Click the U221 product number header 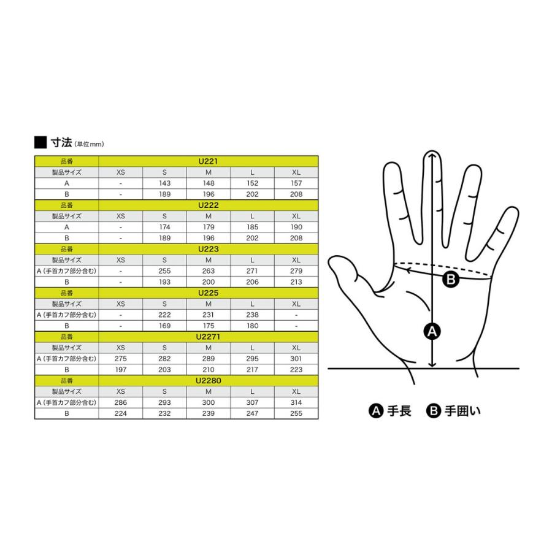208,161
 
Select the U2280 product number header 208,380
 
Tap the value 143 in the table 164,183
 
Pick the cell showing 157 296,183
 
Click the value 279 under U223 296,270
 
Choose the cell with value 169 164,326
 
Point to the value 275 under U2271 120,358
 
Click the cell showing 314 296,402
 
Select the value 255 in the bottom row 296,413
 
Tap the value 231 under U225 208,315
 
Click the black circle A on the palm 432,331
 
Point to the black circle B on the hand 451,280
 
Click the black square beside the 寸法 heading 40,142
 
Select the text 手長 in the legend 399,411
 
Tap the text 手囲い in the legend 462,411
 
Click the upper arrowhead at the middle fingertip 432,155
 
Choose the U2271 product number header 208,337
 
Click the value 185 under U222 252,227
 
